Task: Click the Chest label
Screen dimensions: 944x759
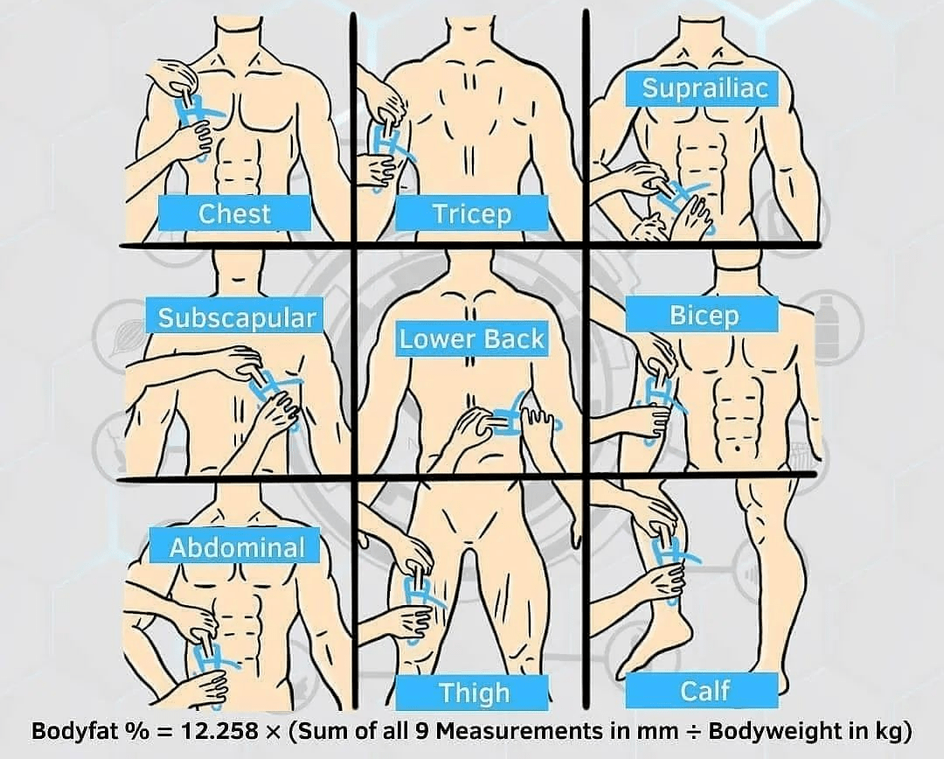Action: pyautogui.click(x=234, y=212)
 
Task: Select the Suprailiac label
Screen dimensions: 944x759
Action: pyautogui.click(x=705, y=88)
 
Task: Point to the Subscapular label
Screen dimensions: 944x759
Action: pyautogui.click(x=237, y=317)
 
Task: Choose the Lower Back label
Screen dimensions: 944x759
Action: pyautogui.click(x=471, y=338)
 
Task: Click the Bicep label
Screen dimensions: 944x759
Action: pyautogui.click(x=703, y=315)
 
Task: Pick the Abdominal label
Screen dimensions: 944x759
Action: pyautogui.click(x=237, y=547)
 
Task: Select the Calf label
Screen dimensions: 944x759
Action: pyautogui.click(x=703, y=690)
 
